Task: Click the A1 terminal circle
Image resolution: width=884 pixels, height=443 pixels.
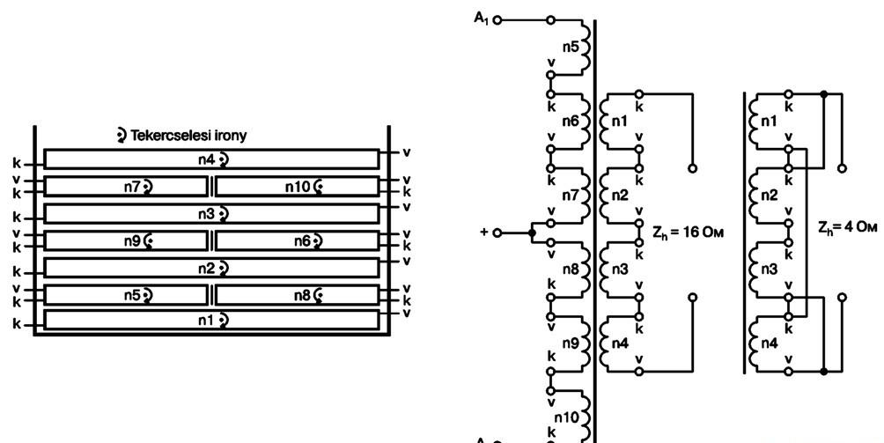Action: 497,21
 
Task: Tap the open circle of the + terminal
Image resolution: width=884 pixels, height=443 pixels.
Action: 497,233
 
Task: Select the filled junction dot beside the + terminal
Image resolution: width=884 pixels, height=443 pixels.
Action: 532,233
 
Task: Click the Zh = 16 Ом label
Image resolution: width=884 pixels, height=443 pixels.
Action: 688,233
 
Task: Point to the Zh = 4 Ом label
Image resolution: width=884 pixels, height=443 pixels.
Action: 848,228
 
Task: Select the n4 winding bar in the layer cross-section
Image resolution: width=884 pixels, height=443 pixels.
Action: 211,159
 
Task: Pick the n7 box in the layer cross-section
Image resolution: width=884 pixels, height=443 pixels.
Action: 125,187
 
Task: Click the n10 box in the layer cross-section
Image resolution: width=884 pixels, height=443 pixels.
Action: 297,187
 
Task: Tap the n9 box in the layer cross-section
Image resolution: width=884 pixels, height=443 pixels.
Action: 125,240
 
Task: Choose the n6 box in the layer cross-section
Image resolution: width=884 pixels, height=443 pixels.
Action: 297,240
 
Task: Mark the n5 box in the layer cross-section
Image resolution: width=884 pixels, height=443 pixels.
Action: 125,295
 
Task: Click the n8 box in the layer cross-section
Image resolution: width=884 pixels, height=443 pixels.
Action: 297,295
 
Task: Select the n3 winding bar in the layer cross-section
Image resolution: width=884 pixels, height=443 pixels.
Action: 211,214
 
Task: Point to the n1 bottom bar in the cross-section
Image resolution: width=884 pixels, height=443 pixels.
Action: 211,320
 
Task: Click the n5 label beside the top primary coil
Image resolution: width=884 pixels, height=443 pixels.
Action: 571,47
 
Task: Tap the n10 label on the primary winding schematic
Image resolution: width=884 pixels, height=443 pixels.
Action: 566,417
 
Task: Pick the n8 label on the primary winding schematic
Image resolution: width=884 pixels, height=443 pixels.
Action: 571,269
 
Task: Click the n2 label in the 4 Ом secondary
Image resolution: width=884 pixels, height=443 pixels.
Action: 769,196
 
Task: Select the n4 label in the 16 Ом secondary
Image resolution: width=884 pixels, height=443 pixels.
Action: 619,343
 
